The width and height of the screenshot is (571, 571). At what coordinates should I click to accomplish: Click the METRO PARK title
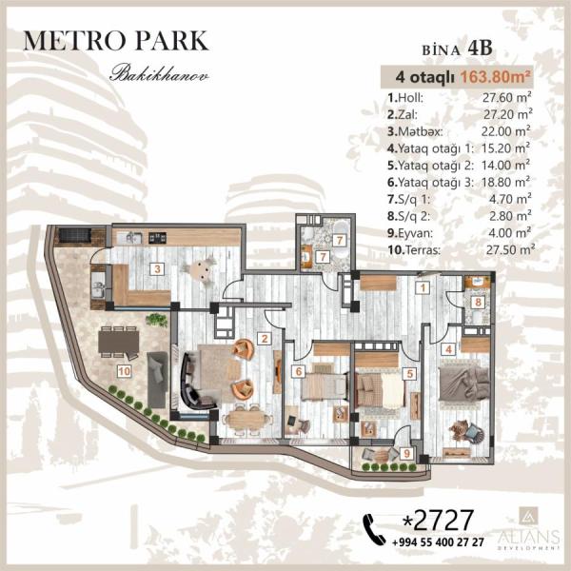(116, 40)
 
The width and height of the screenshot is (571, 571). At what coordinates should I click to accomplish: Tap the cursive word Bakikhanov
(159, 73)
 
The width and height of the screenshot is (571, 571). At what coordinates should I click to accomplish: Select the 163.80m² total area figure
(495, 77)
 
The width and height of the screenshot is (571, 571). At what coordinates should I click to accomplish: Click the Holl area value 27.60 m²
(506, 98)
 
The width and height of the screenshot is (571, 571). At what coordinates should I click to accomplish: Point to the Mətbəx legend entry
(415, 131)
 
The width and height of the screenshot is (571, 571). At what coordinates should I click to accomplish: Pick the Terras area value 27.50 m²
(510, 249)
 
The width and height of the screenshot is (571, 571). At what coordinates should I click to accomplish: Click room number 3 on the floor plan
(157, 269)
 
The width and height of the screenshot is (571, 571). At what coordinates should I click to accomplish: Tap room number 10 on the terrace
(124, 371)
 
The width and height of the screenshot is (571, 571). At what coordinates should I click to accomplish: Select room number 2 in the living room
(265, 339)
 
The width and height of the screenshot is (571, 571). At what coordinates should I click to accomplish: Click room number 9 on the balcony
(406, 453)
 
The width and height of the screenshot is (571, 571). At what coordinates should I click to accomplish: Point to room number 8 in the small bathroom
(478, 302)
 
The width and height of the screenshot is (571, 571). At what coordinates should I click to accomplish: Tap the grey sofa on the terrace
(157, 380)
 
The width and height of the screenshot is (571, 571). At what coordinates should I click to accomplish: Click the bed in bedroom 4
(463, 384)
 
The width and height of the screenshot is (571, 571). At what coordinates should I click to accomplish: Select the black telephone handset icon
(374, 529)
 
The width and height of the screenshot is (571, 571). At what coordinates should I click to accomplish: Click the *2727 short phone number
(438, 520)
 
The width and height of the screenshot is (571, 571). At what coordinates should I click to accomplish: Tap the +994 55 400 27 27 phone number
(438, 542)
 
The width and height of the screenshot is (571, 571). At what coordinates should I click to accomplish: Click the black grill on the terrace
(74, 234)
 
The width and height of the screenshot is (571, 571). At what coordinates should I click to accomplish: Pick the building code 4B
(480, 48)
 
